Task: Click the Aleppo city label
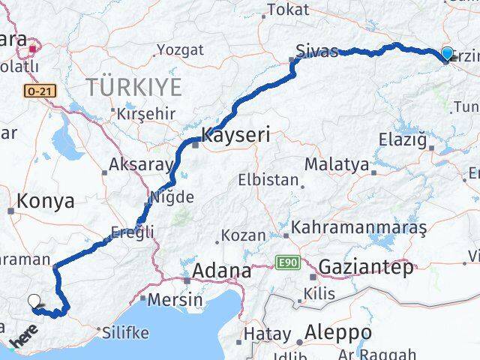339,331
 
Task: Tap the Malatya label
337,164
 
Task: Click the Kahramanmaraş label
359,226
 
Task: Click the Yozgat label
179,50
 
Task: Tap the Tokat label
283,10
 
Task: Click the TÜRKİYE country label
133,87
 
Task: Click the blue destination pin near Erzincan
447,53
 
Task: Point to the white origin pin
34,301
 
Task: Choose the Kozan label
244,235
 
